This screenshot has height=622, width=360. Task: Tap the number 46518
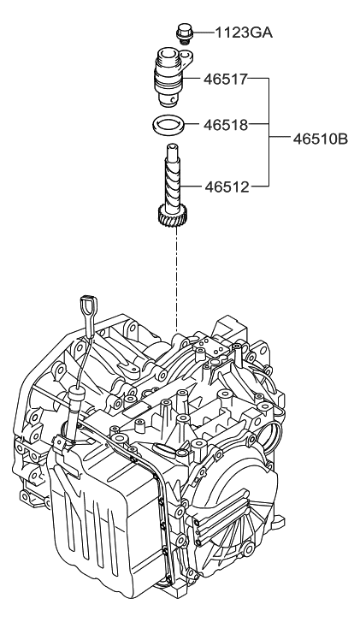(226, 125)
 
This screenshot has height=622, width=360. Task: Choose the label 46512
(226, 185)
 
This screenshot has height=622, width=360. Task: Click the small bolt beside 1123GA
(181, 34)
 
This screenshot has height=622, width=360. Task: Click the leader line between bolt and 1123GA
(195, 33)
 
